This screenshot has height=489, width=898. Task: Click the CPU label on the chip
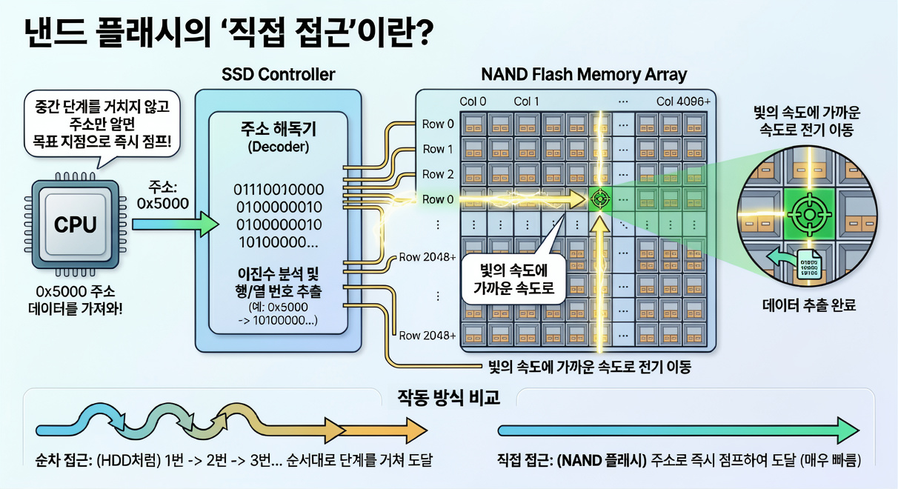coord(76,224)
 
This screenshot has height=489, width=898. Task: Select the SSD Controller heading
coord(279,75)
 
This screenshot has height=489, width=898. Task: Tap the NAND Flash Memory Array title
coord(584,75)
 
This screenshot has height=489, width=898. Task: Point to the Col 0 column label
coord(473,102)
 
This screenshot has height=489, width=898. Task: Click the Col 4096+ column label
coord(683,102)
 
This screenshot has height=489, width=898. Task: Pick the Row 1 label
coord(438,149)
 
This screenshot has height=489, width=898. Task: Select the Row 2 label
coord(438,174)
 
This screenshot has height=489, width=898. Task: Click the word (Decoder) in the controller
coord(279,147)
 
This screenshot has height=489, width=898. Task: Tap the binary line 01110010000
coord(279,190)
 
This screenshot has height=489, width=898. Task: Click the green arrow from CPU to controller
coord(176,224)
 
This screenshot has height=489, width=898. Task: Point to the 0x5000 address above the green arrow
coord(163,204)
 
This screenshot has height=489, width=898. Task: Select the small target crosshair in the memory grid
coord(599,199)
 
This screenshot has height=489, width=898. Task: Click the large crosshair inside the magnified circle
coord(809,215)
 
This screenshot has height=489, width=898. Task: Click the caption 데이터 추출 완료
coord(809,305)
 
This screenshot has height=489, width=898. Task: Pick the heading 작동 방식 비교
coord(448,398)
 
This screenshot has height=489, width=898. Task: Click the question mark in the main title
coord(422,32)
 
